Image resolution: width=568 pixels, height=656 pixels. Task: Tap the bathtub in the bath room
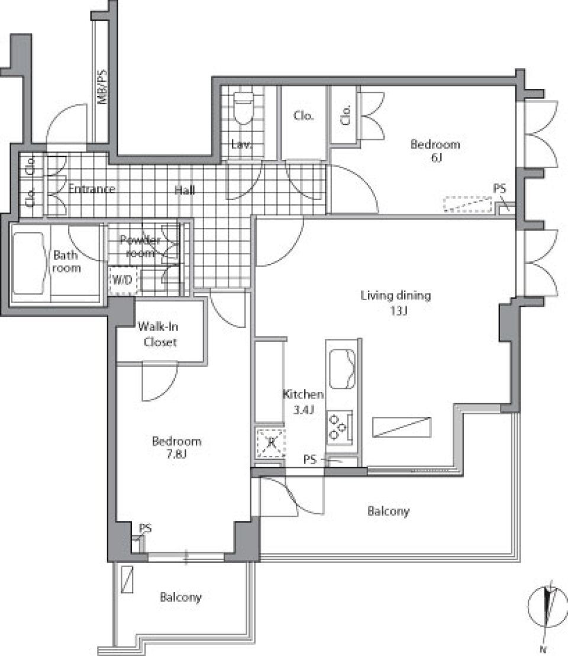28,263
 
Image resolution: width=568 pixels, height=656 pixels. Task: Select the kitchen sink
343,369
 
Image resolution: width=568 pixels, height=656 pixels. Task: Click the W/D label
122,280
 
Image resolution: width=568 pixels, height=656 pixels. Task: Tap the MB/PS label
102,86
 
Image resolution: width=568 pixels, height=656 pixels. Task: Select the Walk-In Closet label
159,334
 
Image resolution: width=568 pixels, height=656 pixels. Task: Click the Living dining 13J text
396,303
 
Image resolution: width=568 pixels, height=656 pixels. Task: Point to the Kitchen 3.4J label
303,401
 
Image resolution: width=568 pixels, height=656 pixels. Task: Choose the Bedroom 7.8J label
176,447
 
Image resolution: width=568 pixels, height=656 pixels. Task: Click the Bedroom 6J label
435,150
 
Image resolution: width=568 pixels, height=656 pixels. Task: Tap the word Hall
185,191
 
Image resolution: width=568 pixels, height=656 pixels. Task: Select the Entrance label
92,189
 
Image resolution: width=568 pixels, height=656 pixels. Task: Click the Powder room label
140,246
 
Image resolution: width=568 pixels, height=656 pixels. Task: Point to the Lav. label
241,144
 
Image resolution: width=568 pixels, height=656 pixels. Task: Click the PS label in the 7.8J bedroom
145,528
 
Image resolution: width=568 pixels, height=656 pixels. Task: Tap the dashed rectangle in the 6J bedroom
467,204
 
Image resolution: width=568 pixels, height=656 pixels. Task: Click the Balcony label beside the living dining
388,511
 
